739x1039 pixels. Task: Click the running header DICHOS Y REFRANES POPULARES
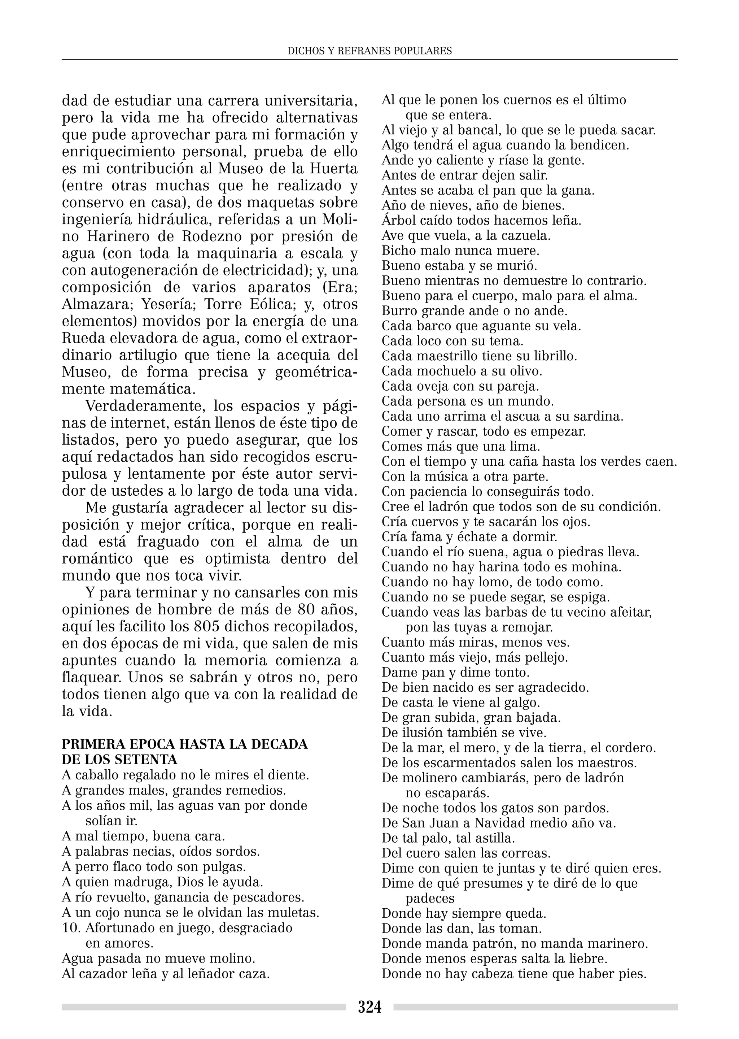pos(369,51)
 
